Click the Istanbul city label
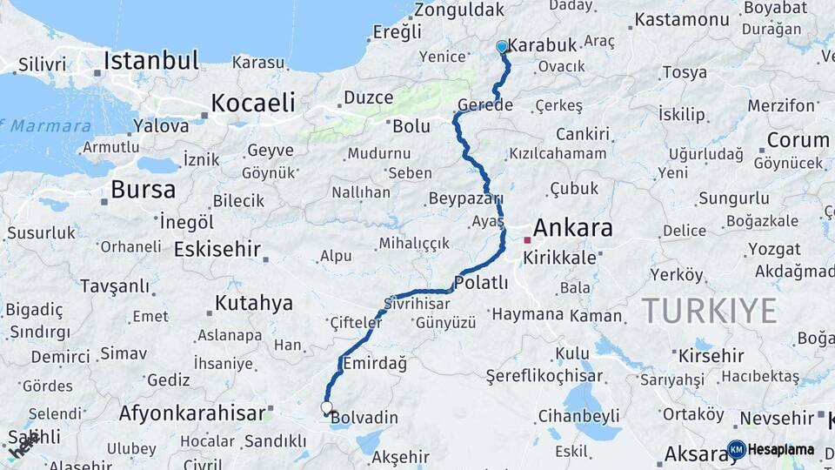point(151,61)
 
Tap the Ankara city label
point(572,229)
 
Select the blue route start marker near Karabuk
point(502,47)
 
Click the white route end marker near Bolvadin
point(327,407)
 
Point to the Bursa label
point(143,190)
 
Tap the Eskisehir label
point(217,250)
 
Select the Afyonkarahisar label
point(191,413)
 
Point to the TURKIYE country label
point(709,311)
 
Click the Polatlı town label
point(481,283)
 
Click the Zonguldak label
point(458,10)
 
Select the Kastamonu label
point(681,19)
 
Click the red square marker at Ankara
point(527,239)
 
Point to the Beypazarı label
point(465,199)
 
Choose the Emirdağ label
point(375,364)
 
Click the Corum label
point(797,140)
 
